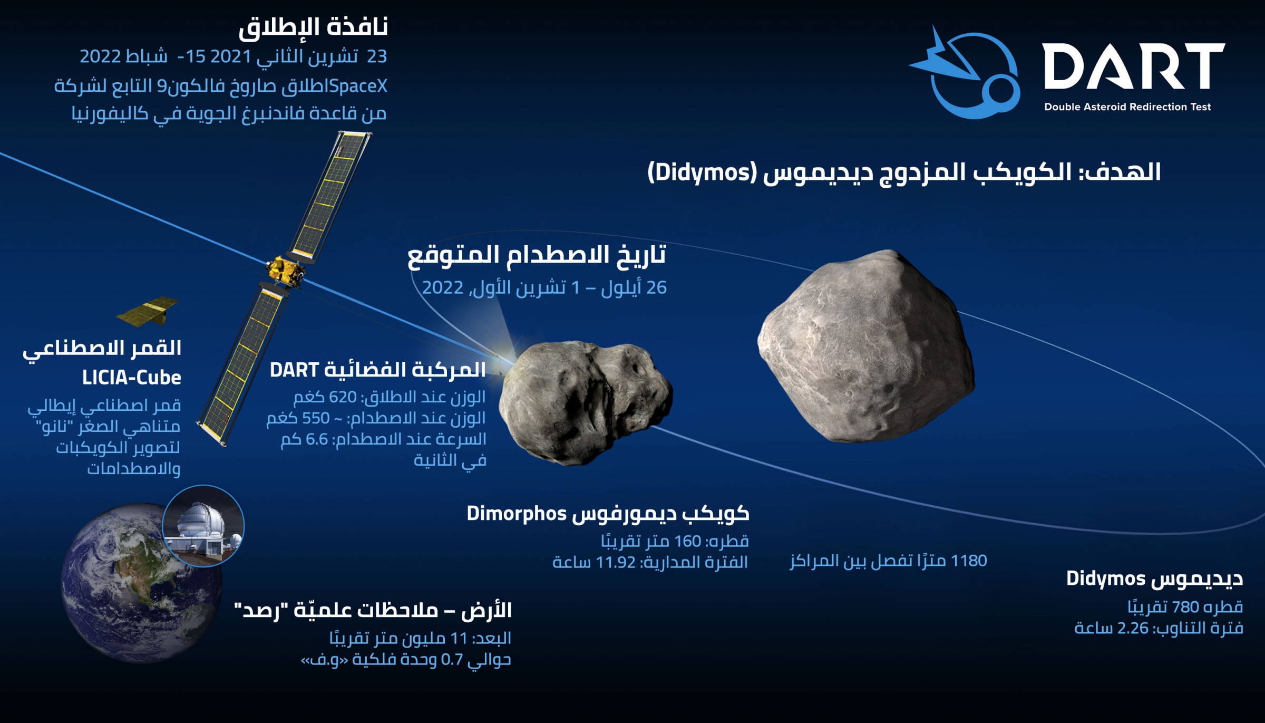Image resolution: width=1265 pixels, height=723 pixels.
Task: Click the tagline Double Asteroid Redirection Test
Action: click(1127, 107)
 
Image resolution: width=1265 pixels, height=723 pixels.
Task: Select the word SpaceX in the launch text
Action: click(358, 86)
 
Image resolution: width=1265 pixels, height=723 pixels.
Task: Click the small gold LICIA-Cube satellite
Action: click(148, 312)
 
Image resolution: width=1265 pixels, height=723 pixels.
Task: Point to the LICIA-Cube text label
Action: click(131, 378)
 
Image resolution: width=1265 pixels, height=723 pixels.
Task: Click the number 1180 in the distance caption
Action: click(968, 561)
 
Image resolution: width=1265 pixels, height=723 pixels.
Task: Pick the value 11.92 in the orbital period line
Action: click(616, 563)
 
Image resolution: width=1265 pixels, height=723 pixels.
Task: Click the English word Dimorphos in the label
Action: click(517, 514)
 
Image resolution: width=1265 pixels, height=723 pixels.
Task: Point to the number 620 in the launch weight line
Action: click(343, 397)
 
